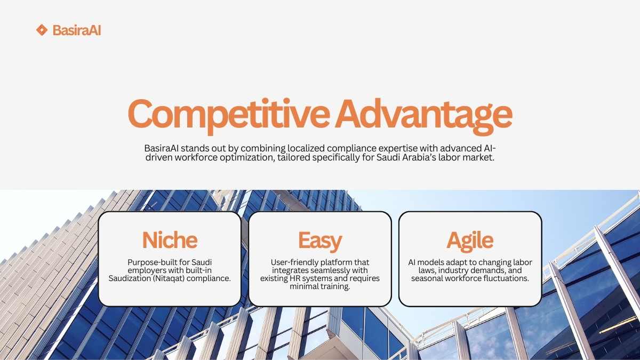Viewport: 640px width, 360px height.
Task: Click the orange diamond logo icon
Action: tap(42, 30)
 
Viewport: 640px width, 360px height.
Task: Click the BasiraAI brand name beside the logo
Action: tap(77, 30)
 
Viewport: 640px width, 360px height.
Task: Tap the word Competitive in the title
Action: tap(229, 114)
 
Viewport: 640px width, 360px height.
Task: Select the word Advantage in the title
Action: tap(423, 115)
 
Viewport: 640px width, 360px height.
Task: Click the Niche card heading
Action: tap(170, 240)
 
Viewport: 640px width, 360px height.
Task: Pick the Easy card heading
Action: tap(320, 242)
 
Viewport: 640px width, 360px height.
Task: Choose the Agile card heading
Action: tap(470, 241)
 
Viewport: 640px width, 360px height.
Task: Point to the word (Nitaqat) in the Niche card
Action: tap(169, 278)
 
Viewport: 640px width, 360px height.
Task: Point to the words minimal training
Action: tap(320, 286)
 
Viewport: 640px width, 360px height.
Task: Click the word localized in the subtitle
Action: tap(306, 148)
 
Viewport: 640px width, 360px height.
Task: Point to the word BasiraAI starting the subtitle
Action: tap(162, 148)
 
